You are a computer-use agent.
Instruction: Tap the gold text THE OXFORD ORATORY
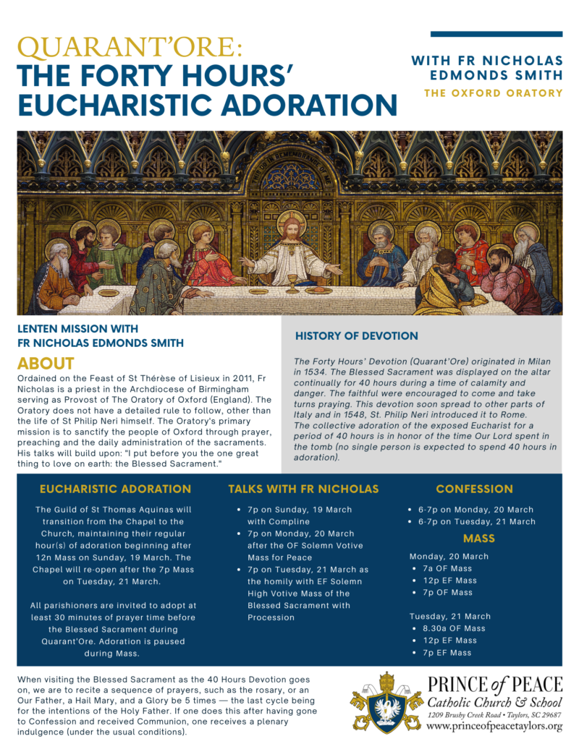coord(493,93)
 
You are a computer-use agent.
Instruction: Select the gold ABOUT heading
coord(46,362)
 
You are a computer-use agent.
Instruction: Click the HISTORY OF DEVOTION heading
coord(356,335)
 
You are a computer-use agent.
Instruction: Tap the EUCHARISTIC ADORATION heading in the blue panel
coord(116,489)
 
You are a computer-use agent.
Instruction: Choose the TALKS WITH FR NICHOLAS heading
coord(303,489)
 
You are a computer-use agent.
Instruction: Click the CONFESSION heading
coord(474,489)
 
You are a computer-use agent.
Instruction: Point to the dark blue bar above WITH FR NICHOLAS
coord(496,34)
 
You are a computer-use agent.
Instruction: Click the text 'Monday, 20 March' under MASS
coord(449,556)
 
